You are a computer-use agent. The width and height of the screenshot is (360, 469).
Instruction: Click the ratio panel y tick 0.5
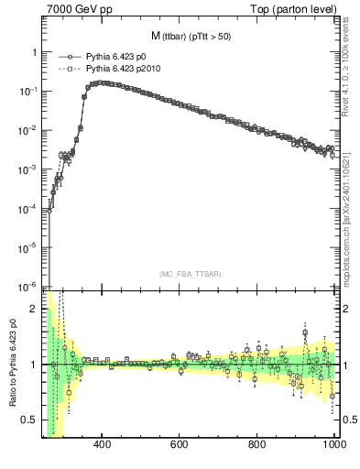(x=29, y=420)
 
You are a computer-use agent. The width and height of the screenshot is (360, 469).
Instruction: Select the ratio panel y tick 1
(x=34, y=365)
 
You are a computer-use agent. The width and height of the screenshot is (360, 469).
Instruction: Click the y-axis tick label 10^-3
(x=27, y=169)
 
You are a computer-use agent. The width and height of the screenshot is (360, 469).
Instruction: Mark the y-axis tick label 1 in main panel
(x=34, y=53)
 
